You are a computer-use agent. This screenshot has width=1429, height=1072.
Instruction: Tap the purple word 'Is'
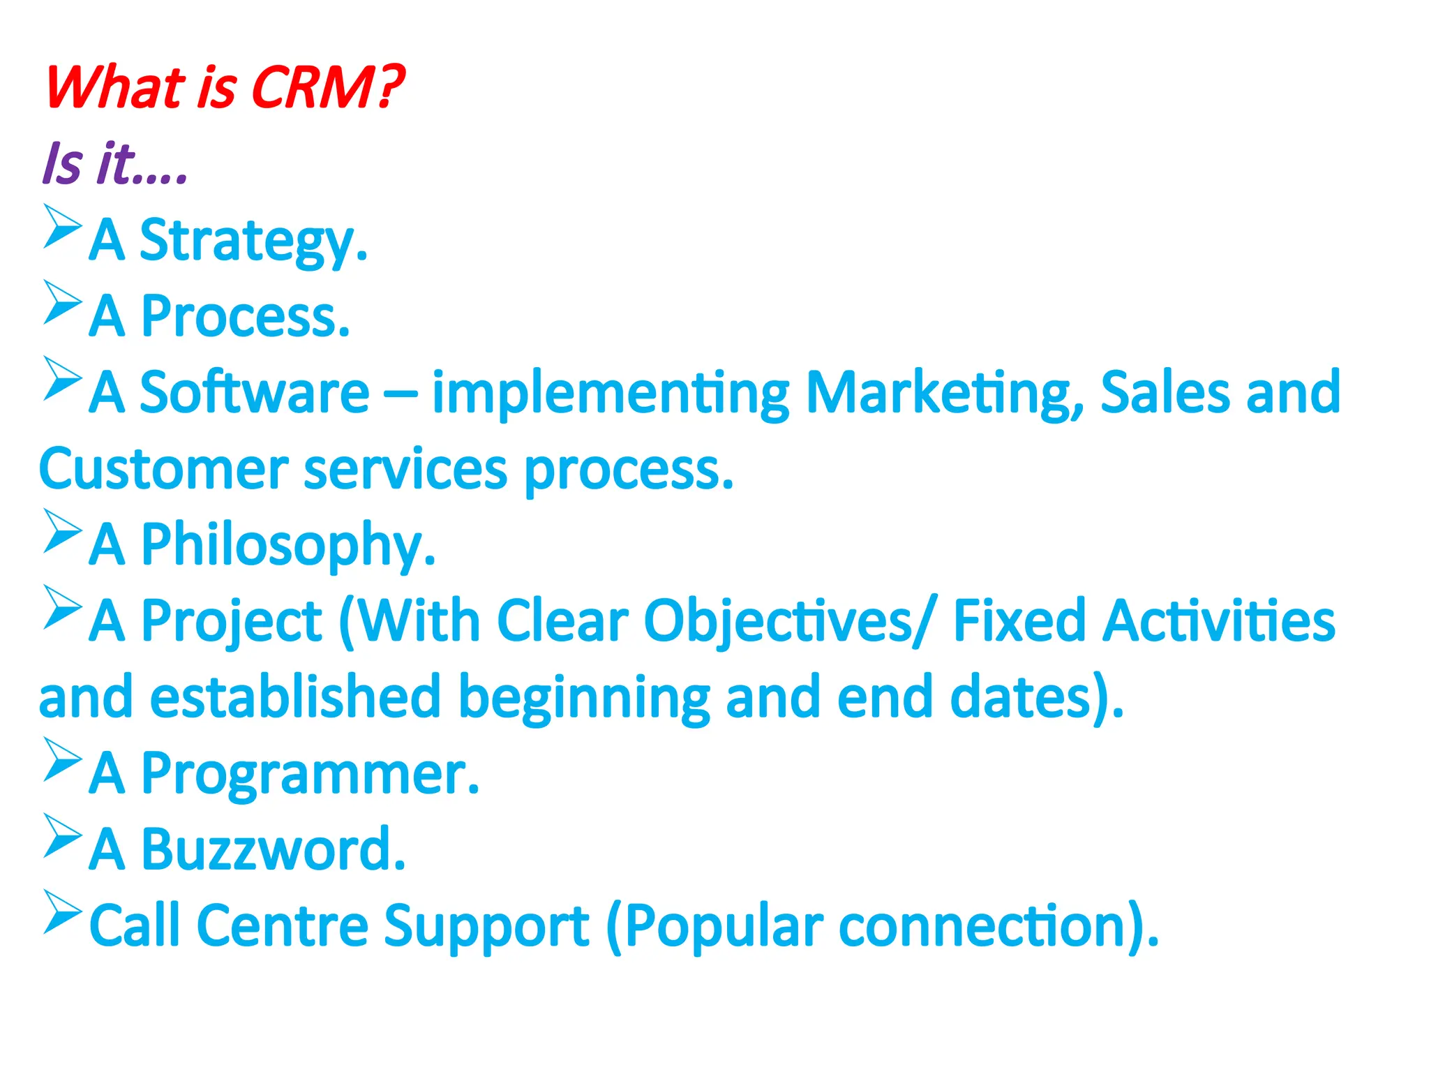[x=62, y=164]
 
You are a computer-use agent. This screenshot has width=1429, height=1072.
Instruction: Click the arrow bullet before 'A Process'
[x=62, y=303]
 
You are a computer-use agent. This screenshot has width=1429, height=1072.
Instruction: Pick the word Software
[x=254, y=392]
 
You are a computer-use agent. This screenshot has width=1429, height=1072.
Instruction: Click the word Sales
[x=1165, y=392]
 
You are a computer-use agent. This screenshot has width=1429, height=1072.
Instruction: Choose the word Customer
[x=164, y=469]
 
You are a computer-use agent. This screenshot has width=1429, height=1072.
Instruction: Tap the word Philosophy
[x=287, y=546]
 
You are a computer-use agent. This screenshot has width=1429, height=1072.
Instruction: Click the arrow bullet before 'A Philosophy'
[x=62, y=531]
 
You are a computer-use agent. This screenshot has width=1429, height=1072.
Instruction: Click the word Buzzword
[x=273, y=849]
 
